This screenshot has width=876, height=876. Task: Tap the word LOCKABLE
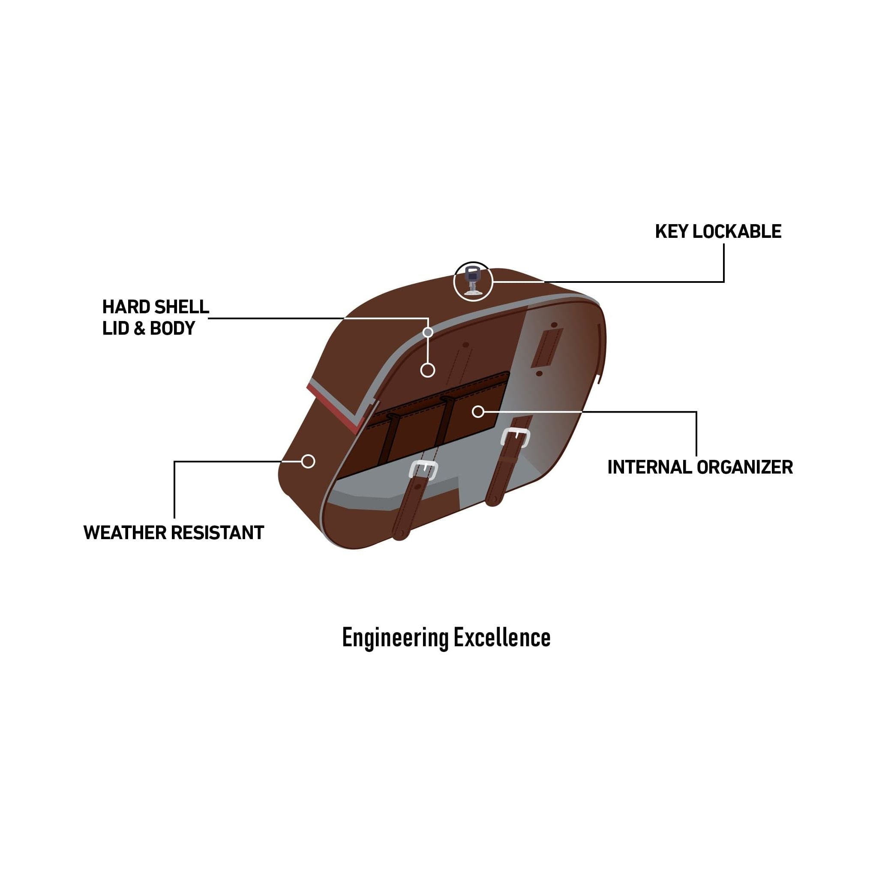(737, 232)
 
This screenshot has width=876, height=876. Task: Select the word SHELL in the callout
(181, 307)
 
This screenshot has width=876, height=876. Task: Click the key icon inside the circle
(472, 281)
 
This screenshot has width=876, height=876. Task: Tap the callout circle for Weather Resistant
(308, 462)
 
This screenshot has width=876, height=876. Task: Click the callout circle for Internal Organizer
(478, 412)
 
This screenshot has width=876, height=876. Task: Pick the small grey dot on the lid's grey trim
(428, 332)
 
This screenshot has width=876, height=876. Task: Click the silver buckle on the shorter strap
(423, 469)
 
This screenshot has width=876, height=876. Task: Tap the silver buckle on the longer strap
(516, 438)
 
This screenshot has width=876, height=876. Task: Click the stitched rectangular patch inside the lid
(547, 347)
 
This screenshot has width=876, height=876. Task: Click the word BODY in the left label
(172, 328)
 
